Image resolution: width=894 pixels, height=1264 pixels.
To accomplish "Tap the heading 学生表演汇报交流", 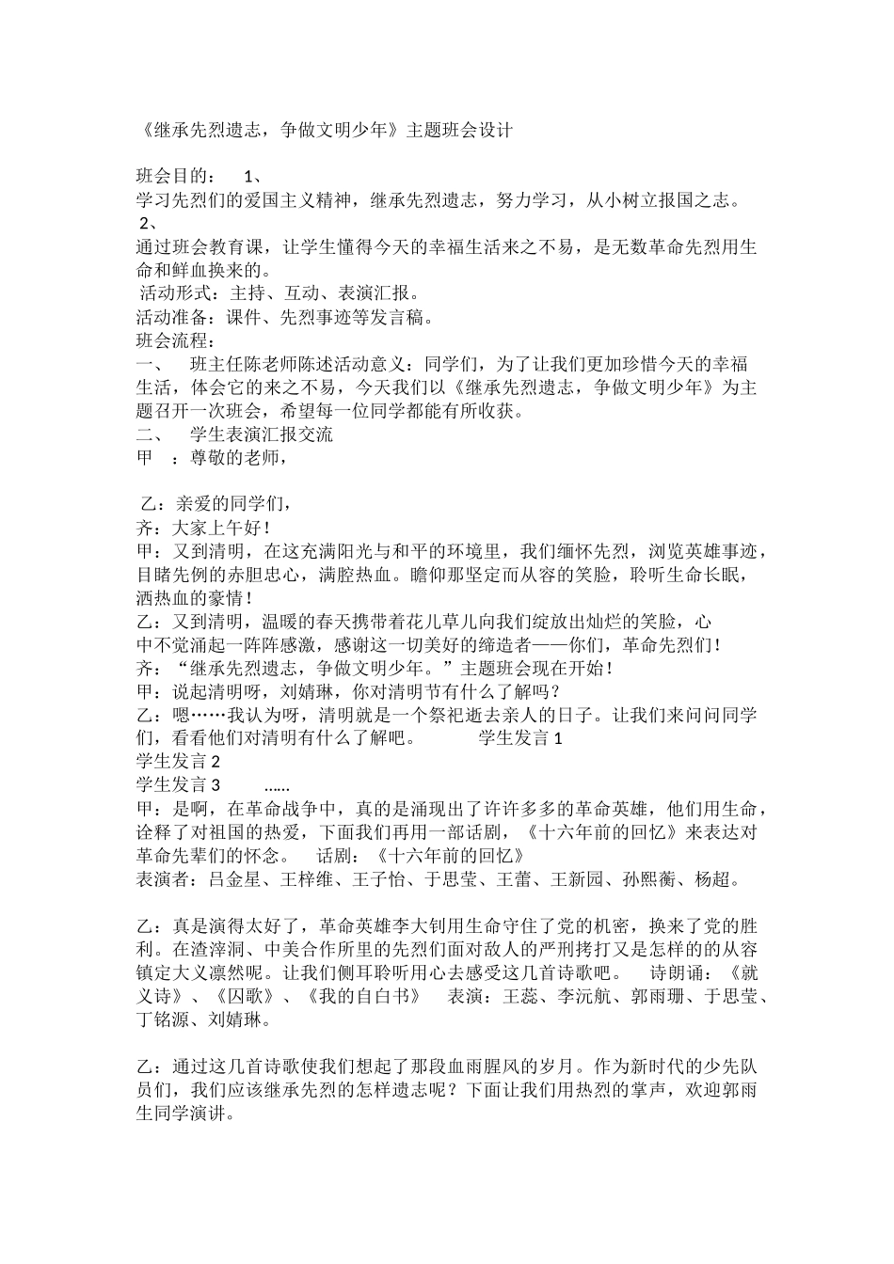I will pyautogui.click(x=261, y=434).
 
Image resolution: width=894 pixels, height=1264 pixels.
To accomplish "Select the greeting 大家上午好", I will pyautogui.click(x=216, y=528).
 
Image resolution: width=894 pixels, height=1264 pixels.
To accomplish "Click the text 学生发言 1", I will pyautogui.click(x=520, y=738).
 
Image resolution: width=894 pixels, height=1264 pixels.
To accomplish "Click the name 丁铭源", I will pyautogui.click(x=162, y=1019).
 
